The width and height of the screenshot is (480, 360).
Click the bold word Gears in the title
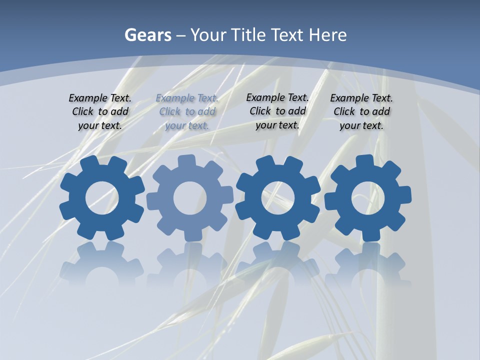[x=147, y=35]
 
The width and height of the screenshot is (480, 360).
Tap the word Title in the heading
[x=248, y=35]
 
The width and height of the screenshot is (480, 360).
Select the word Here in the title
[x=327, y=35]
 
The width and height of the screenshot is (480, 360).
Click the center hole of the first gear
[x=102, y=198]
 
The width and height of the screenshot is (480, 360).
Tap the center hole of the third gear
[x=277, y=198]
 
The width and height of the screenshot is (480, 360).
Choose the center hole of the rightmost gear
[x=367, y=198]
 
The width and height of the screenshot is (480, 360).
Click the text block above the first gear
[x=100, y=111]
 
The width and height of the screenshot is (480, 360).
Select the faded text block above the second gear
[x=187, y=111]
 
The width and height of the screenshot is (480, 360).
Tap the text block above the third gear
[x=277, y=111]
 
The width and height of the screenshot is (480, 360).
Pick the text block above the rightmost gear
[x=361, y=111]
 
